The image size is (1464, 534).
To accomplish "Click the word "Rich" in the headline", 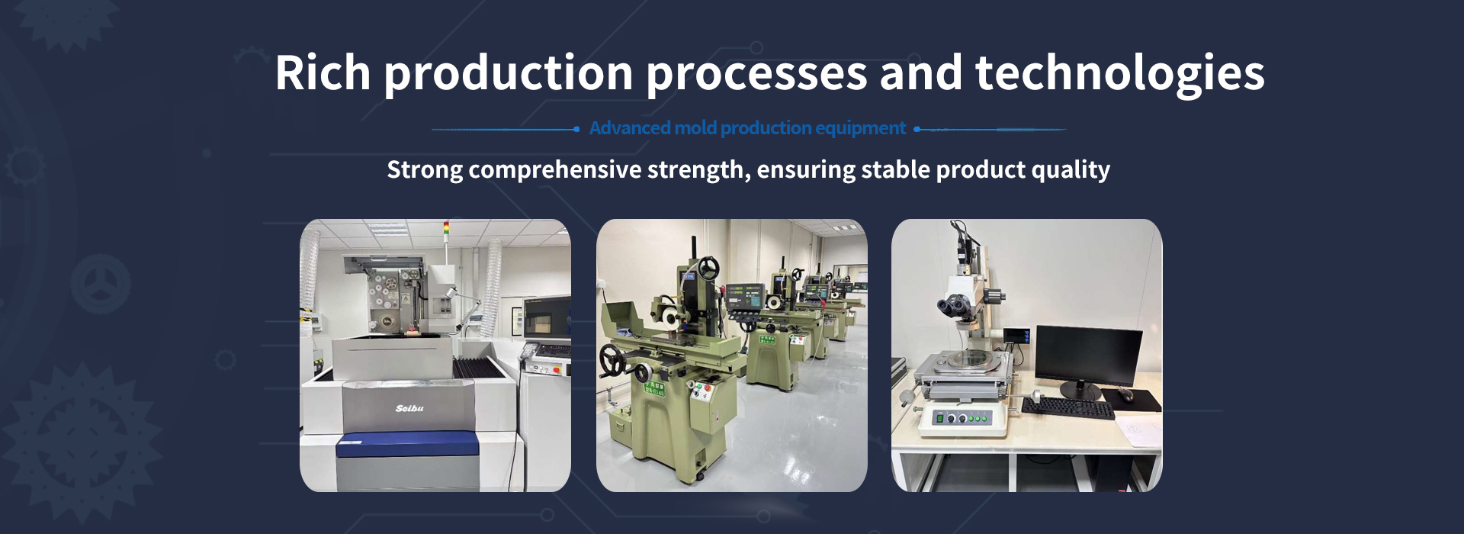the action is pyautogui.click(x=323, y=73).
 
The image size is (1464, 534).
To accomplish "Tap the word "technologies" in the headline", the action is pyautogui.click(x=1120, y=75).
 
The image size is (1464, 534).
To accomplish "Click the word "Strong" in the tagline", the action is pyautogui.click(x=425, y=170).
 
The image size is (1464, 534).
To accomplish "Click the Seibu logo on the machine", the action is pyautogui.click(x=409, y=409).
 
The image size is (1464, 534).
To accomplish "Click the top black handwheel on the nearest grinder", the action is pyautogui.click(x=709, y=268).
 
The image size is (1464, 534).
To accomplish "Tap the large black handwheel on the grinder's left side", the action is pyautogui.click(x=612, y=360).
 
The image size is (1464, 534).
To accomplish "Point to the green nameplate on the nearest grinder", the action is pyautogui.click(x=655, y=389).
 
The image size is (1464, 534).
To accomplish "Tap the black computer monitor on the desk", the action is pyautogui.click(x=1089, y=355).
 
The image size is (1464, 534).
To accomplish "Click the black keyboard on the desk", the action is pyautogui.click(x=1067, y=407).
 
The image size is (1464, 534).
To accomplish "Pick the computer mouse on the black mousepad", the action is pyautogui.click(x=1125, y=394).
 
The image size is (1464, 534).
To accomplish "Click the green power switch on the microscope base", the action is pyautogui.click(x=940, y=418).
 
